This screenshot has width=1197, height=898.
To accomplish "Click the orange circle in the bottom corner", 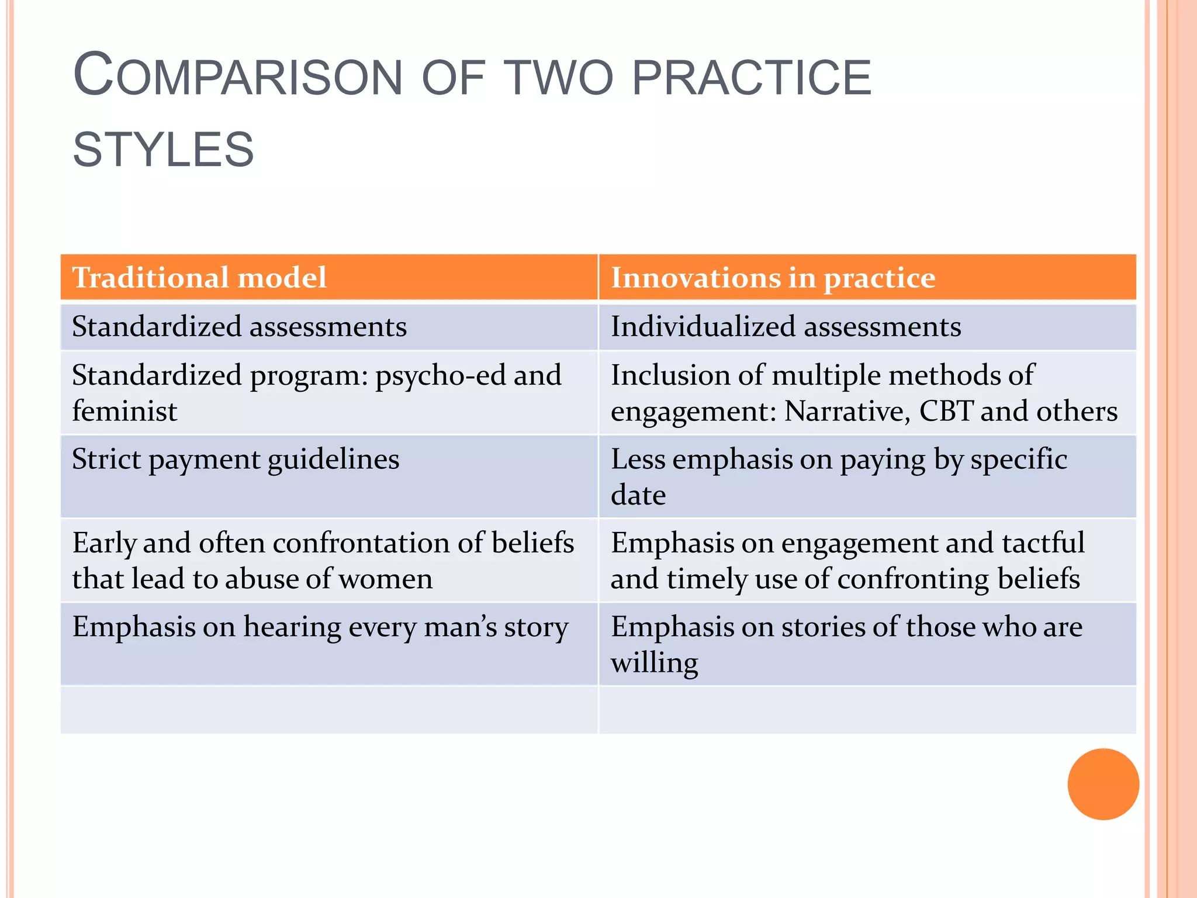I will [x=1103, y=784].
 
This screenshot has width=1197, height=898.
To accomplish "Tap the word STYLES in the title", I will [x=163, y=150].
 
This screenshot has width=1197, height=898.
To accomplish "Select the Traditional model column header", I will [x=199, y=277].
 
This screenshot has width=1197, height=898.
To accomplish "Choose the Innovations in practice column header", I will [x=773, y=277].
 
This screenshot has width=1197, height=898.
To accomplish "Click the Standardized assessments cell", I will [x=239, y=326].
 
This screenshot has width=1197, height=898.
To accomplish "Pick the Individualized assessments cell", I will [x=786, y=326].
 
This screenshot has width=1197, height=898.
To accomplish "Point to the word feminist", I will [x=124, y=411].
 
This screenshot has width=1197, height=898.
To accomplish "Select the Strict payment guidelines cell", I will [x=236, y=459].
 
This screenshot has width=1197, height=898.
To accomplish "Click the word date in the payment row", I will [x=638, y=495].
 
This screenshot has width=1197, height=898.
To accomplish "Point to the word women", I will [x=386, y=579].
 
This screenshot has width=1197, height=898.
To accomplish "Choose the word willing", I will [x=654, y=663].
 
